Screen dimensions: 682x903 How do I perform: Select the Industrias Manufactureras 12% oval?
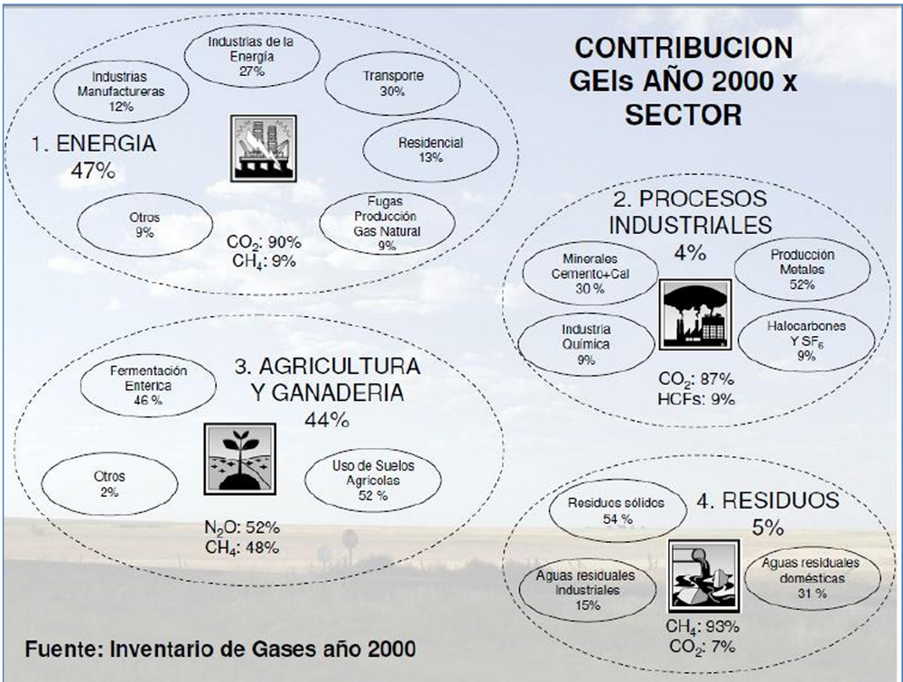(x=120, y=91)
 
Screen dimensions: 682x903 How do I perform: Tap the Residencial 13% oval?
(x=430, y=150)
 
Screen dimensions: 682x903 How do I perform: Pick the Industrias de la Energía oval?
(x=252, y=55)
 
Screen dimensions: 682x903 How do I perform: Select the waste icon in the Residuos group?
(x=703, y=575)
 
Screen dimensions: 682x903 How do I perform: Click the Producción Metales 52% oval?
(x=802, y=269)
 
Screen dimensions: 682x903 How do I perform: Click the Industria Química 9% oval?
(x=585, y=344)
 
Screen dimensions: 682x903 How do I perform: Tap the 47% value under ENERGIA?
(x=87, y=171)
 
